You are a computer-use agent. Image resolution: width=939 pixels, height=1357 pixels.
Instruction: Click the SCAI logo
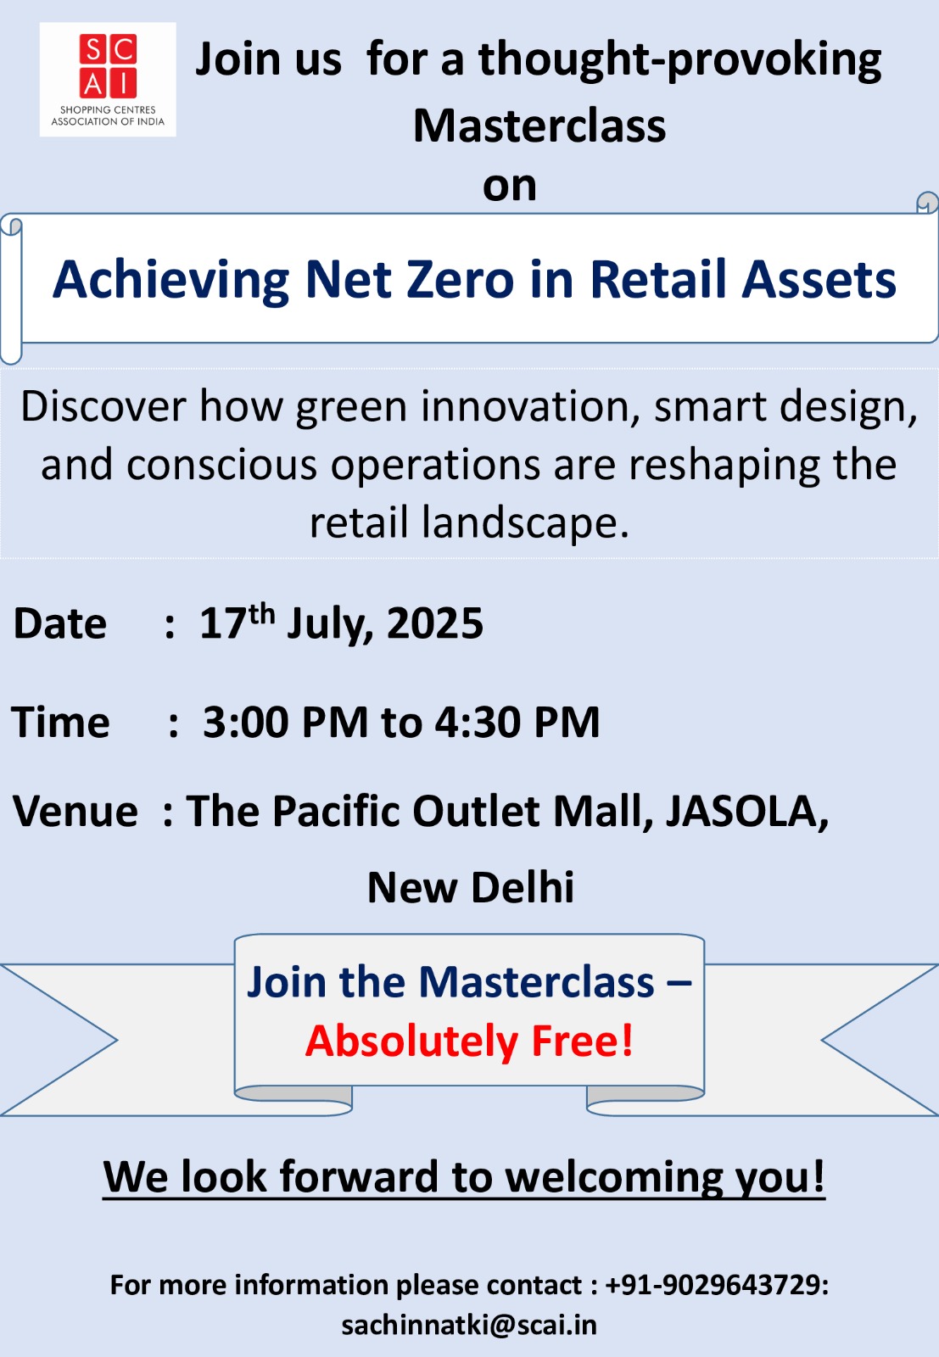[108, 80]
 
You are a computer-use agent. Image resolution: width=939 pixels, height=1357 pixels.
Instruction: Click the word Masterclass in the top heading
[539, 126]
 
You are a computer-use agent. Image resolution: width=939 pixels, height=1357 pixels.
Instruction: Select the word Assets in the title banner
[819, 279]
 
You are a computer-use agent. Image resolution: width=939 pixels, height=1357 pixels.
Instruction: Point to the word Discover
[103, 406]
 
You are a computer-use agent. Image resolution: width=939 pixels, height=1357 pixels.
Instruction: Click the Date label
[60, 623]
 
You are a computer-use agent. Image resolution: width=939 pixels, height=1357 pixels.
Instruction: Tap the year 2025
[435, 623]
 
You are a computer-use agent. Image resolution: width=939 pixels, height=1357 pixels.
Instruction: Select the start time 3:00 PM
[285, 722]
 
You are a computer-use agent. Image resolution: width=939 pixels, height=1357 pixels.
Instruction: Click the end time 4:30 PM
[517, 722]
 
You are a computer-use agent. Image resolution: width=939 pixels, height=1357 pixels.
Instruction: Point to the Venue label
[75, 811]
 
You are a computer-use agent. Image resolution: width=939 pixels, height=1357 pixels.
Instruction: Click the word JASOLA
[747, 812]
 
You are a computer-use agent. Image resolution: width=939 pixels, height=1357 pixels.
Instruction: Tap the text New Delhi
[471, 887]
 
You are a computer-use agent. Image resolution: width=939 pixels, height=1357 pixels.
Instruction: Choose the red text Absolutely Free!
[470, 1041]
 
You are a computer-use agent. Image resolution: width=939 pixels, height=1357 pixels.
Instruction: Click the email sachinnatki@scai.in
[469, 1325]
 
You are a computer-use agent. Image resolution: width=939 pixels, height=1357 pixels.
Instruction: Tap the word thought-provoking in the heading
[680, 60]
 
